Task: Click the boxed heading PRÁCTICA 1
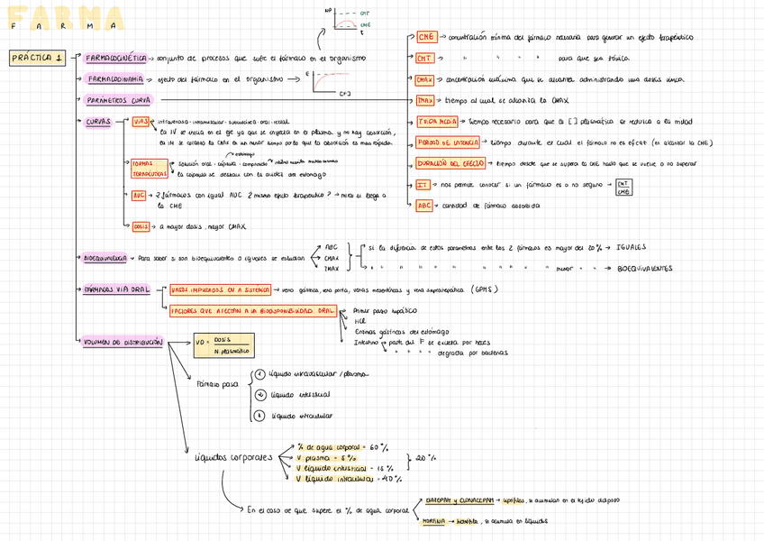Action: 35,59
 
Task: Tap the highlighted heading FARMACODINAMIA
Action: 114,79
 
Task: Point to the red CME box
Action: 426,37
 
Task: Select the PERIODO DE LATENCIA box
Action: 449,142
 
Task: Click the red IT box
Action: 422,184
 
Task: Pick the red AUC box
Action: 139,195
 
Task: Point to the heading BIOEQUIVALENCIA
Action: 105,258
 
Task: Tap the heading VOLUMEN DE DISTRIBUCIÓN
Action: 123,343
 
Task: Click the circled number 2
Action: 260,394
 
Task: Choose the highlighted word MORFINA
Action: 434,521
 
